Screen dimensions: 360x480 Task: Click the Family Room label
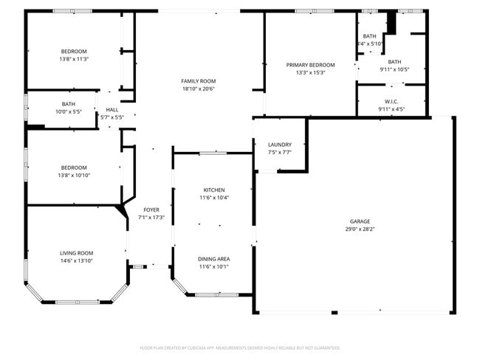tap(198, 80)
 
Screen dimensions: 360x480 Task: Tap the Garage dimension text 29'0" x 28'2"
tap(360, 229)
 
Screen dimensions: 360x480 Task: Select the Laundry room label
tap(279, 145)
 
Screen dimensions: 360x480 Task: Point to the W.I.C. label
tap(391, 101)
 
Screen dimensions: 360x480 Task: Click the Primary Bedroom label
tap(310, 65)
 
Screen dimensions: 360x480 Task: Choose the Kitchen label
tap(214, 190)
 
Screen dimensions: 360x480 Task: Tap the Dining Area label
tap(214, 259)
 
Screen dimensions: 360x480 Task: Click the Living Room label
tap(77, 253)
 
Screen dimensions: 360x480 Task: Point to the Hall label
tap(112, 109)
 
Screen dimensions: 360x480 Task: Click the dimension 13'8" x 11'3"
tap(74, 59)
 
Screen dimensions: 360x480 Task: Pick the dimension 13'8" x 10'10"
tap(74, 176)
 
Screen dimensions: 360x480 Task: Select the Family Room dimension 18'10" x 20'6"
tap(198, 89)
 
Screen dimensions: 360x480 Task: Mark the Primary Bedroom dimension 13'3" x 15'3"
tap(310, 73)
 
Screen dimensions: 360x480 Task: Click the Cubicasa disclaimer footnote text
tap(240, 347)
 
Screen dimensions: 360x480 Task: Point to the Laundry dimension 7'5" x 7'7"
tap(279, 153)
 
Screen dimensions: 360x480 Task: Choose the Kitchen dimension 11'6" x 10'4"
tap(214, 198)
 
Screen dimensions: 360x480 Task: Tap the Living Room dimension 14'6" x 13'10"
tap(77, 261)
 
